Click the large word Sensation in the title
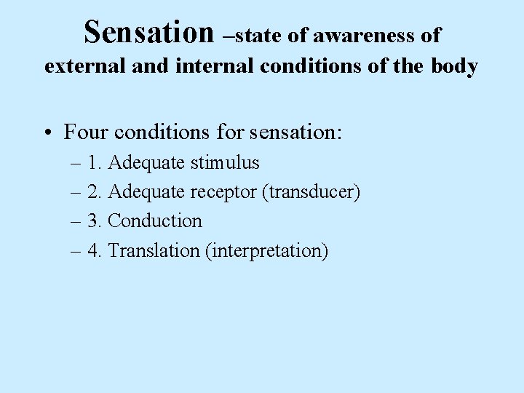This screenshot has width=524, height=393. click(x=149, y=31)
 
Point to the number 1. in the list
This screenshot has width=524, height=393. click(x=95, y=162)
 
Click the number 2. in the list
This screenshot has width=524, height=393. click(x=95, y=191)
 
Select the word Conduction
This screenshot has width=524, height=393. click(x=155, y=221)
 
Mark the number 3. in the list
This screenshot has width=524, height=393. click(x=95, y=221)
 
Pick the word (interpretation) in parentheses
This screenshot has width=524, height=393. click(x=267, y=250)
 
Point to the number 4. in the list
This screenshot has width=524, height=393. click(x=95, y=250)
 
